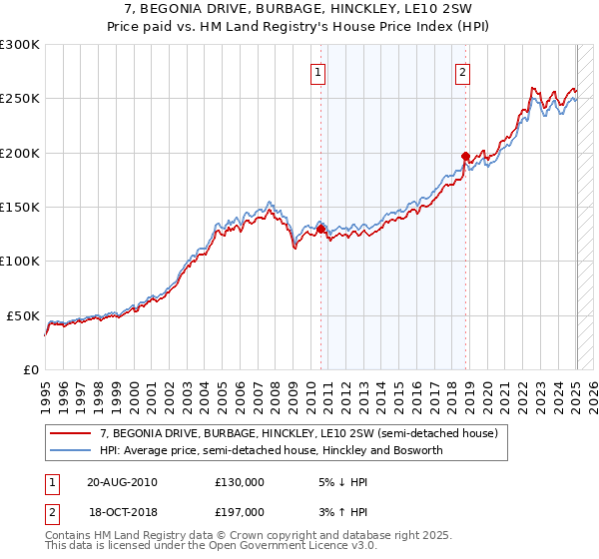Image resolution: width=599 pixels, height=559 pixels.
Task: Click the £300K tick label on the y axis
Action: tap(20, 45)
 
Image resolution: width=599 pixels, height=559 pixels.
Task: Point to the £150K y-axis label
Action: tap(20, 208)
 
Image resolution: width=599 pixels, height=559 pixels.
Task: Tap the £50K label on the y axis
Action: tap(24, 315)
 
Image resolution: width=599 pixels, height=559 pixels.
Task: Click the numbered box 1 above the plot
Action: tap(318, 72)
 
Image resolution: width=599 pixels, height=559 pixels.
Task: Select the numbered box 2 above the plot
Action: tap(464, 72)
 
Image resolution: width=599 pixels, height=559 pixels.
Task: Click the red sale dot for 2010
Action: tap(320, 229)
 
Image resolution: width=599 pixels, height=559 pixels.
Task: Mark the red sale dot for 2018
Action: tap(465, 157)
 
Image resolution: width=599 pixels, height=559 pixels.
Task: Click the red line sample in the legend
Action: tap(71, 433)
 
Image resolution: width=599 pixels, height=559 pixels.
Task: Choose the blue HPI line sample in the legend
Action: tap(71, 450)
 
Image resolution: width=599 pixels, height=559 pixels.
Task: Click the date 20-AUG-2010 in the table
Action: tap(123, 482)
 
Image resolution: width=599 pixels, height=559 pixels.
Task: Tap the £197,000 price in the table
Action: tap(240, 511)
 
